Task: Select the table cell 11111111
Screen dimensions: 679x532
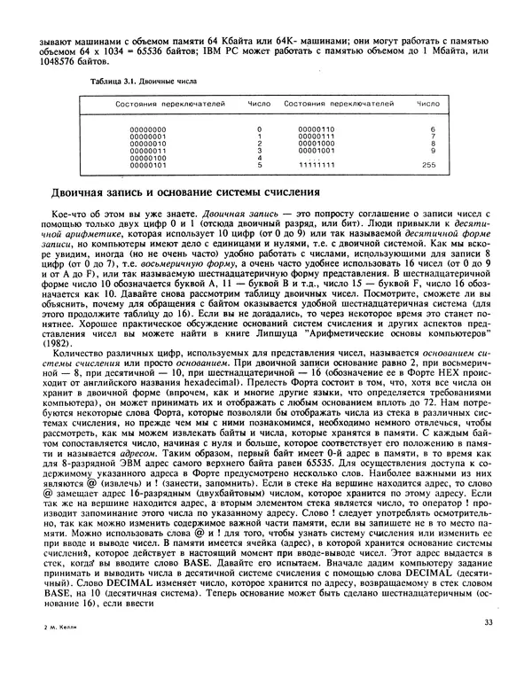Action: (x=310, y=165)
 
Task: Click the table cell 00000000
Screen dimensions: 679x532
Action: (x=147, y=129)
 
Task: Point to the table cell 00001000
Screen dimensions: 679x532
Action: (x=310, y=143)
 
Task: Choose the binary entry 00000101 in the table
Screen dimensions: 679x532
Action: (x=147, y=165)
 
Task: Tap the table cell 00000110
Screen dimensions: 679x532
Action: (x=310, y=129)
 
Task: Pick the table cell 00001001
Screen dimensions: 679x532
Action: (x=310, y=150)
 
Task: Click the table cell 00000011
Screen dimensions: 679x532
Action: (x=147, y=150)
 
